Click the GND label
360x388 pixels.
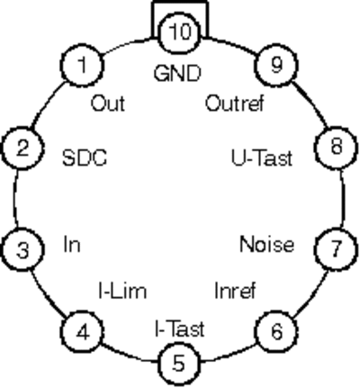point(177,74)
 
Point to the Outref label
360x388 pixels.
point(235,104)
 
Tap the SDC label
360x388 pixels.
point(85,158)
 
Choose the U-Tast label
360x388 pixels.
point(262,158)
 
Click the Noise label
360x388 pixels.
point(267,244)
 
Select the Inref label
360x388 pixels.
point(235,291)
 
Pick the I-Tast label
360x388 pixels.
point(180,329)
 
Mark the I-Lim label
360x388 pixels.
point(123,291)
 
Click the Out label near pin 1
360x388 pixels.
point(108,104)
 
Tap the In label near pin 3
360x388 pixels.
point(72,244)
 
